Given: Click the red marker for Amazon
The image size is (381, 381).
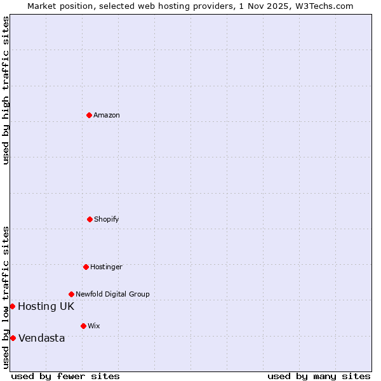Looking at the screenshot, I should pos(89,115).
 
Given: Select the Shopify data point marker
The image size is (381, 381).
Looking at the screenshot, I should pos(90,219).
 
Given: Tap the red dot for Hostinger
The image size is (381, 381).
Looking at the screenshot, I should pos(86,267).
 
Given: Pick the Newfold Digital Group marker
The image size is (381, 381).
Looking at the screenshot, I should pos(71,294).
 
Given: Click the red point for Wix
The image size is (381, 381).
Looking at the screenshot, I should pos(83,326).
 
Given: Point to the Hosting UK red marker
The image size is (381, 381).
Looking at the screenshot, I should pos(12,306).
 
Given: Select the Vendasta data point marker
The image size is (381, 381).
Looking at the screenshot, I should pos(13,338).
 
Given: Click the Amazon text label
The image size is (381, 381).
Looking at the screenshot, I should pos(107,116).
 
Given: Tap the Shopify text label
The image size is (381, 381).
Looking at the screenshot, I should pos(107,220).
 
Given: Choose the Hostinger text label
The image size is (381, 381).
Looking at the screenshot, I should pos(106,267).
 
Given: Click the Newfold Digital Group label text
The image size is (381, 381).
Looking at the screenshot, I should pos(112,295).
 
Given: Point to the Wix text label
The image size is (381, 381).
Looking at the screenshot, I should pos(94,326).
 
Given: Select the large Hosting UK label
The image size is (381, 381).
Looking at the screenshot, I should pos(46,307).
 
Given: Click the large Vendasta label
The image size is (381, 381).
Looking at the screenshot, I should pos(42,338).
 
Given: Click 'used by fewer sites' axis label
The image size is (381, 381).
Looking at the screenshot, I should pos(65,376).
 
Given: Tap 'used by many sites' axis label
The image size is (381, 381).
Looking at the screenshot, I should pos(319,376).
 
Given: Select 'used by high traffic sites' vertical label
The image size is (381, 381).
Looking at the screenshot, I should pos(6,91).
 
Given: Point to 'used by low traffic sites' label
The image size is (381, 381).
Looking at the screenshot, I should pos(6,297).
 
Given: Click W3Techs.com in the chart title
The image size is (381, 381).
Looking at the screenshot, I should pos(323,6).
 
